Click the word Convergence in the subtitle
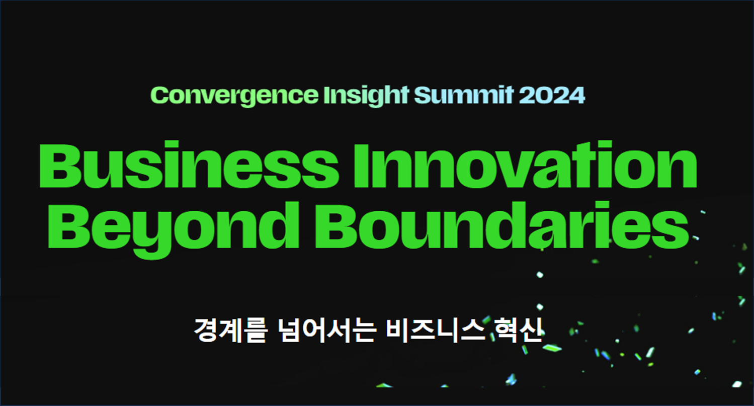point(234,96)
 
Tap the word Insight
point(366,96)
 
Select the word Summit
point(464,95)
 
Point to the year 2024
point(552,95)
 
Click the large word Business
point(189,165)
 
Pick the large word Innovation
point(525,165)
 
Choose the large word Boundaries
point(501,225)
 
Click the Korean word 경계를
point(230,330)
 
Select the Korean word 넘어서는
point(327,330)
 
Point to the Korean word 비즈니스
point(435,330)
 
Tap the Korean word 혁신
point(519,330)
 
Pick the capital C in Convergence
point(159,96)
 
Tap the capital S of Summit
point(423,96)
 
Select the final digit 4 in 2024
point(576,96)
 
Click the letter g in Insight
point(378,98)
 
